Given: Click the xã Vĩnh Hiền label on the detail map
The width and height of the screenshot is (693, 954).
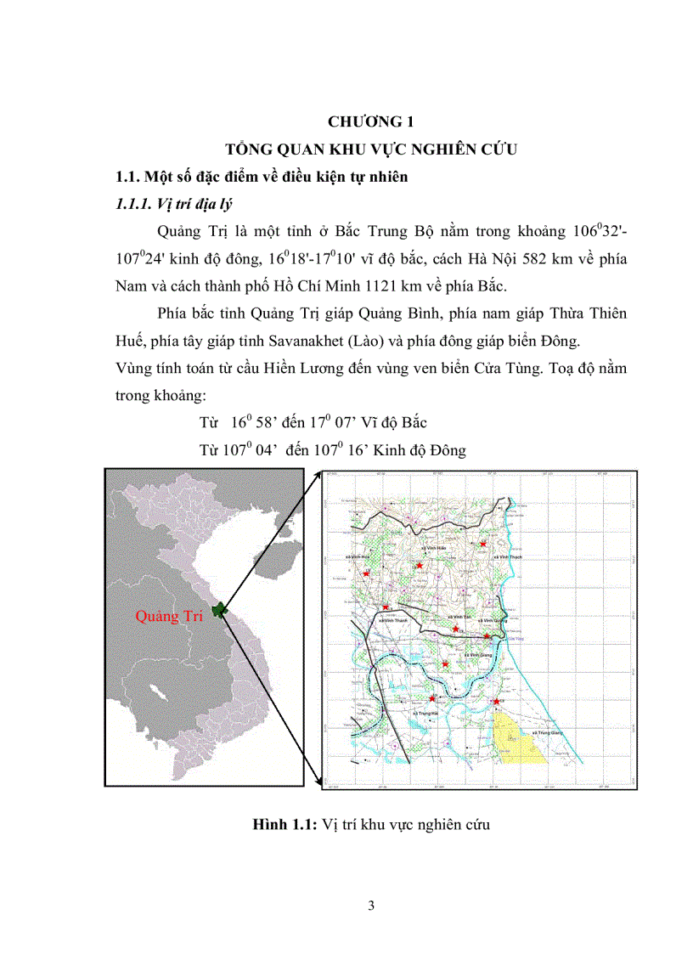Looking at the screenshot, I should click(x=433, y=549).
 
